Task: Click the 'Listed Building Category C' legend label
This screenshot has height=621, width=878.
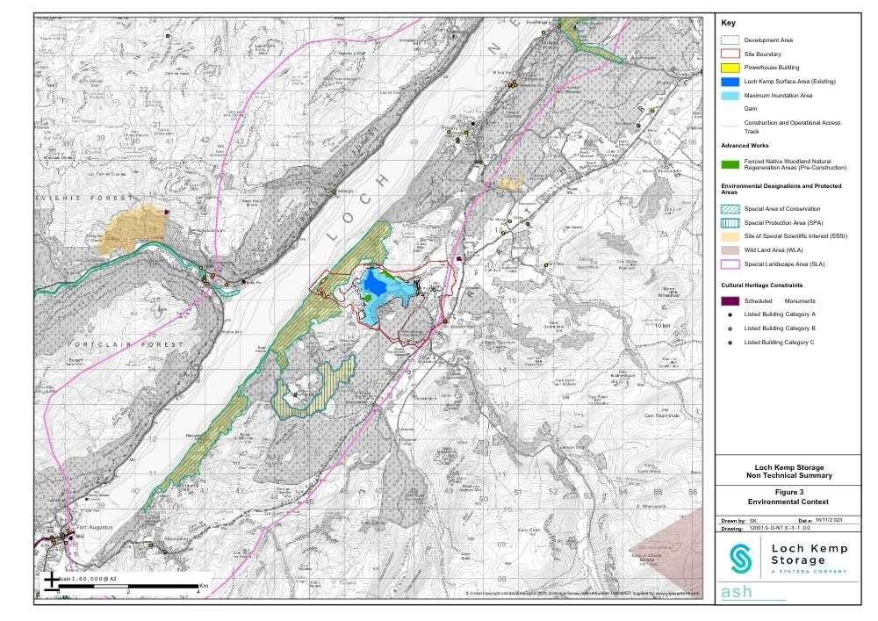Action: (780, 342)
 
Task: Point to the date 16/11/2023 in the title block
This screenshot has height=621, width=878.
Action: (830, 521)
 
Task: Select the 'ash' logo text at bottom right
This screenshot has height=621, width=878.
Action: (737, 592)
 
